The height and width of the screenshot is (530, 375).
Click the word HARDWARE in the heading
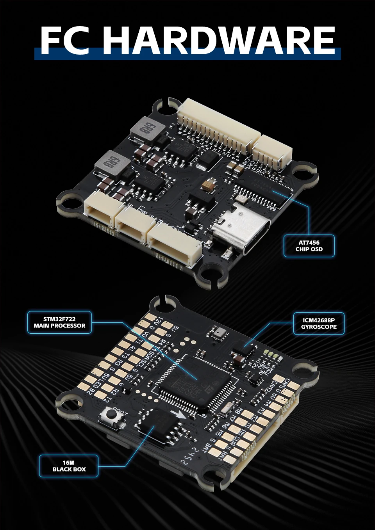(x=219, y=40)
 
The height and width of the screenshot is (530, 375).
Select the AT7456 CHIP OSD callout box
(x=309, y=246)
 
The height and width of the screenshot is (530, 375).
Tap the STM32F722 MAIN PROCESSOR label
(x=59, y=322)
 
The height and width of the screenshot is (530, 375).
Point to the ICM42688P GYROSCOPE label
(x=319, y=324)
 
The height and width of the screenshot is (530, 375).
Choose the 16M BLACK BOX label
(x=69, y=466)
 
